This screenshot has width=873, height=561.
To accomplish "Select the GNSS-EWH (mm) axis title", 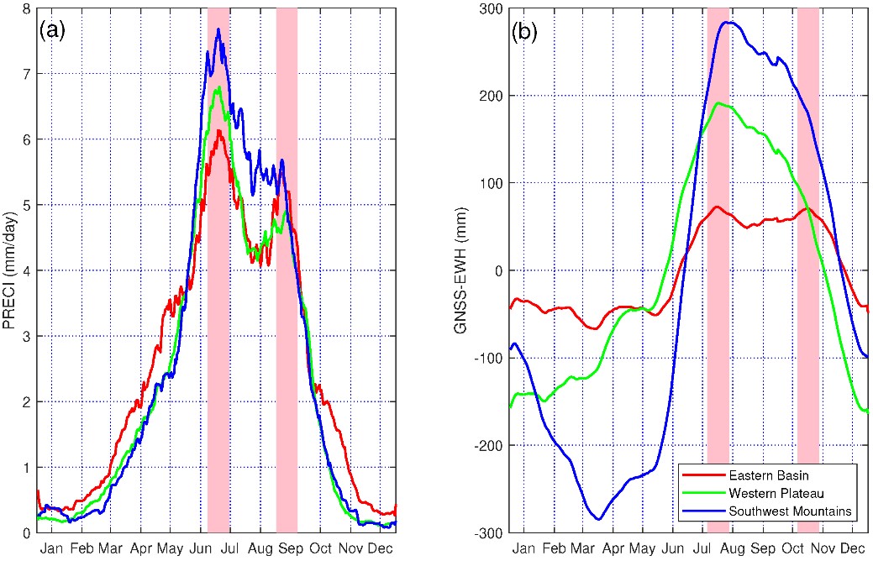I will click(460, 270).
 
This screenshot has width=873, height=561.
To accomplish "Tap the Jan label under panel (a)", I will click(52, 547).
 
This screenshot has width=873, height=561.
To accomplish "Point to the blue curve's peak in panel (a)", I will click(218, 29).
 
